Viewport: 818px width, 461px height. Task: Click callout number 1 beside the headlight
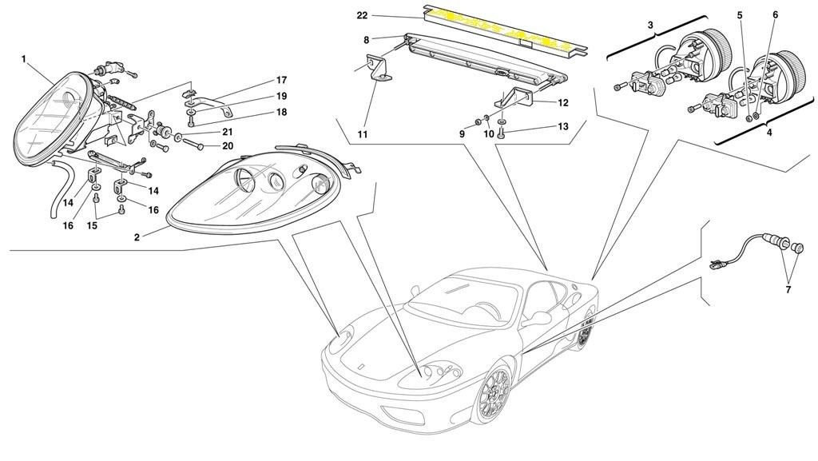point(24,58)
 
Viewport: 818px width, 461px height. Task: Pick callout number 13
point(563,126)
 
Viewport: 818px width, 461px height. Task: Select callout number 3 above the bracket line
point(650,26)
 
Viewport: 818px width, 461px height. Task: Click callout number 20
point(228,146)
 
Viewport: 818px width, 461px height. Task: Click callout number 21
point(228,131)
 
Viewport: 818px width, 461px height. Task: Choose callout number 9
point(461,134)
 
